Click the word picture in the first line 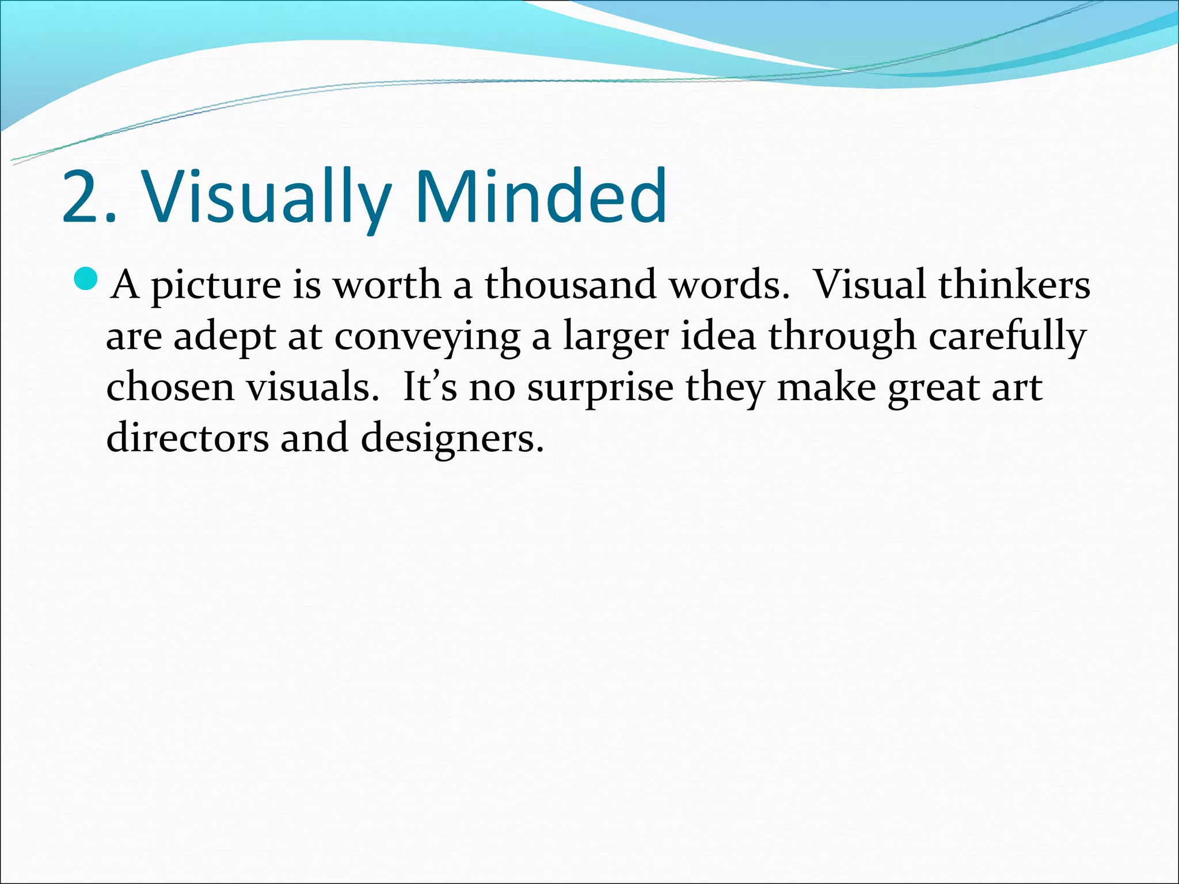pyautogui.click(x=216, y=285)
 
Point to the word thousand pyautogui.click(x=571, y=284)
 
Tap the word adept pyautogui.click(x=225, y=337)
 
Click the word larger pyautogui.click(x=615, y=337)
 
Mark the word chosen pyautogui.click(x=170, y=387)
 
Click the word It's pyautogui.click(x=429, y=387)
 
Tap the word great pyautogui.click(x=932, y=388)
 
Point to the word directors pyautogui.click(x=187, y=437)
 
